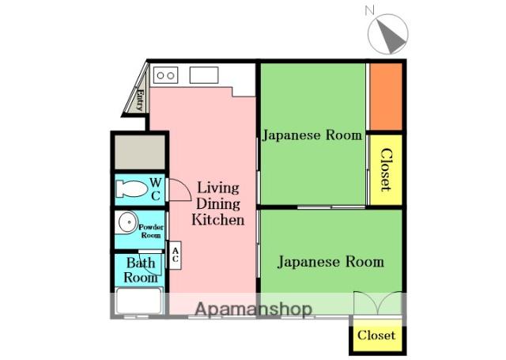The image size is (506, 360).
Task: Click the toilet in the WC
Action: click(x=132, y=189)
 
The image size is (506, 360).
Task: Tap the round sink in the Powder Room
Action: click(x=128, y=222)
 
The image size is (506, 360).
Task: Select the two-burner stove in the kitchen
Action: click(x=165, y=75)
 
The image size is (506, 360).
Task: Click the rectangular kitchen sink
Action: click(x=204, y=75)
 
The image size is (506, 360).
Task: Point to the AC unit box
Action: click(x=176, y=255)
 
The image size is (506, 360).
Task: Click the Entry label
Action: click(x=140, y=100)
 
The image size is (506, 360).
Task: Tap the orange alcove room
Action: click(x=386, y=97)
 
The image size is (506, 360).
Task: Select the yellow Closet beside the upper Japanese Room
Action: click(x=386, y=170)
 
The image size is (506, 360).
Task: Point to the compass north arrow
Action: click(x=391, y=36)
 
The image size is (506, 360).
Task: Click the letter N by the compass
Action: click(x=369, y=11)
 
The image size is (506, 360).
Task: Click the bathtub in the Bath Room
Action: click(x=139, y=301)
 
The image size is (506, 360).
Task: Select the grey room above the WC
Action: click(x=140, y=152)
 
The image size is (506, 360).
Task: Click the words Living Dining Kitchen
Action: click(x=218, y=203)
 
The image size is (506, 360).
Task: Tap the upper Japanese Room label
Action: click(x=312, y=135)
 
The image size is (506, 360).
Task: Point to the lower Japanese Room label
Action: click(x=330, y=262)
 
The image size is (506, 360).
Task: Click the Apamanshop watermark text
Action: click(x=254, y=309)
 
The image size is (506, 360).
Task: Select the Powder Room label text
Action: click(x=151, y=231)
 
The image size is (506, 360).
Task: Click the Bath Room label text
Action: click(x=141, y=271)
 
